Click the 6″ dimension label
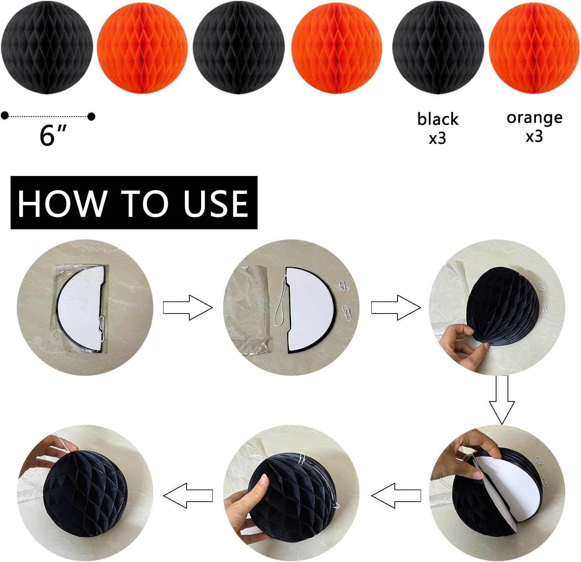pos(53,135)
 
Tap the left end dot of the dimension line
pos(5,115)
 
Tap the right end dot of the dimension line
pos(91,116)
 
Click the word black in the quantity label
pos(438,119)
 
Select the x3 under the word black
pos(438,138)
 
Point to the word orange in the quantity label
pos(534,118)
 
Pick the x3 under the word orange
pos(534,136)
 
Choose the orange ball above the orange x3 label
pos(534,48)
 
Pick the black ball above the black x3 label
pos(438,48)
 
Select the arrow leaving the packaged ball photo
pos(188,308)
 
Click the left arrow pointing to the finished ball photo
pos(188,495)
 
